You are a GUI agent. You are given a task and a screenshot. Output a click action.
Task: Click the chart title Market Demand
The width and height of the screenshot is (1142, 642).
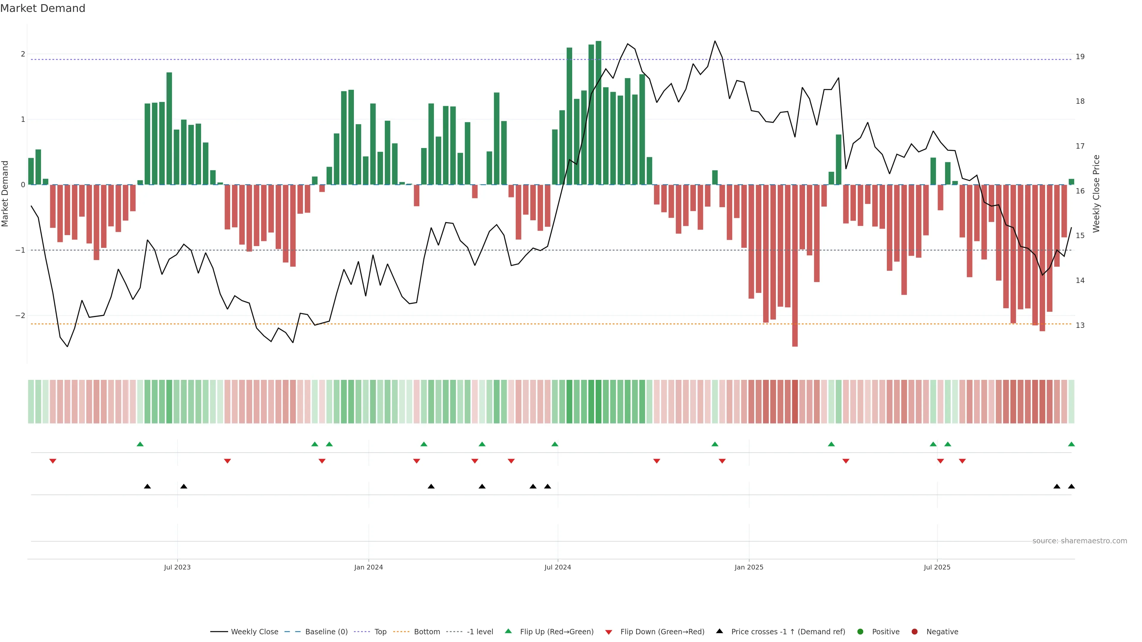(43, 8)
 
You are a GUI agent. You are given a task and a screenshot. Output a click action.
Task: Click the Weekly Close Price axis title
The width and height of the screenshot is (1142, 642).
(1096, 193)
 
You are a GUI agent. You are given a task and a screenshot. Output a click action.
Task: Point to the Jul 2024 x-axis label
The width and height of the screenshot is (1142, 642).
(557, 567)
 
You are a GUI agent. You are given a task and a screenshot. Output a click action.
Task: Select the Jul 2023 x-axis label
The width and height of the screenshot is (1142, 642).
(177, 567)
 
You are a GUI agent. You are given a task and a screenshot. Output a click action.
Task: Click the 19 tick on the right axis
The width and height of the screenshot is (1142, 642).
(1080, 57)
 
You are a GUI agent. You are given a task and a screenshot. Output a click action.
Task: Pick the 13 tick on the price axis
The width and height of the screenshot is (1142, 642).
(1080, 325)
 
